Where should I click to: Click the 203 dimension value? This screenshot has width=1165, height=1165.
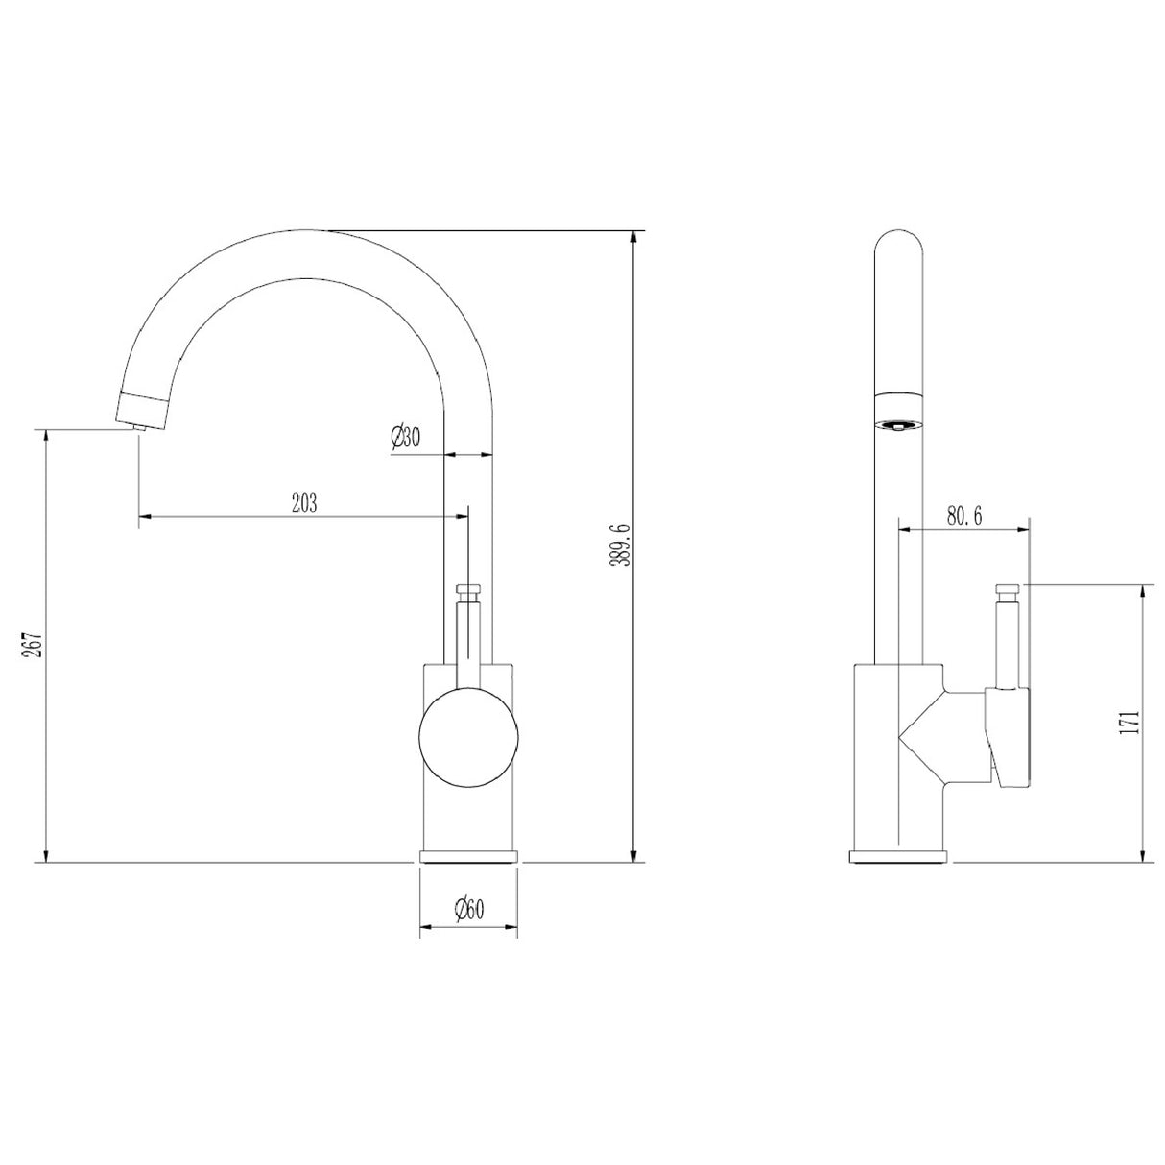click(x=303, y=502)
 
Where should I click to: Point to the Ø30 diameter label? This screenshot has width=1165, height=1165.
click(x=405, y=438)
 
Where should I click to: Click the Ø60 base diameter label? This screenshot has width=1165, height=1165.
click(x=468, y=909)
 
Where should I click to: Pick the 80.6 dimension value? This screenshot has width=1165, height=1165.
click(x=963, y=515)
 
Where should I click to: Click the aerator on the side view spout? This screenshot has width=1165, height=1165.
click(x=900, y=424)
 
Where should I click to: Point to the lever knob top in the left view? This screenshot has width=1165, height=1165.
click(x=468, y=588)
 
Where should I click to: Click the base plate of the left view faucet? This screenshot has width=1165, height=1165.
click(x=468, y=857)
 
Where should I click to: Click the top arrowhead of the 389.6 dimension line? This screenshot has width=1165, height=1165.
click(x=632, y=239)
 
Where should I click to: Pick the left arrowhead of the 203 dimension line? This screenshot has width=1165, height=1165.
click(x=146, y=518)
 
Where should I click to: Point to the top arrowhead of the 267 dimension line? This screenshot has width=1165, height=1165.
click(x=44, y=437)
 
